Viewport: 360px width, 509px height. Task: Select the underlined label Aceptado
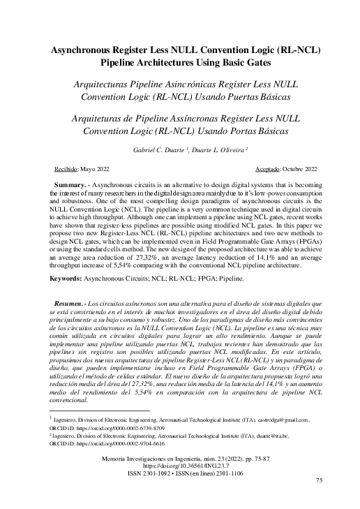tap(256, 169)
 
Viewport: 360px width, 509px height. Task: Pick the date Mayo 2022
tap(105, 169)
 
